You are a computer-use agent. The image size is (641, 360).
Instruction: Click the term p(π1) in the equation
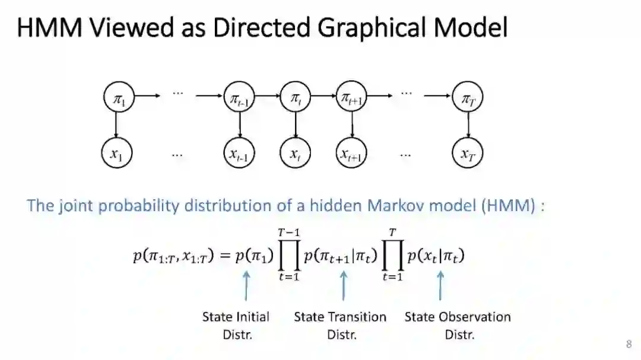coord(254,256)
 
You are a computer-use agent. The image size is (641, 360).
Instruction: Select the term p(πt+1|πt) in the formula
coord(341,256)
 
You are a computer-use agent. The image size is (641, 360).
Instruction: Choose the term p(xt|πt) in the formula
coord(436,256)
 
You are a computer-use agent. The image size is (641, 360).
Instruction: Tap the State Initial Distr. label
coord(236,325)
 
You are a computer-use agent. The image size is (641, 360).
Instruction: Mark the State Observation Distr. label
coord(458,325)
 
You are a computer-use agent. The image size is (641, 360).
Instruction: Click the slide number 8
coord(629,344)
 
